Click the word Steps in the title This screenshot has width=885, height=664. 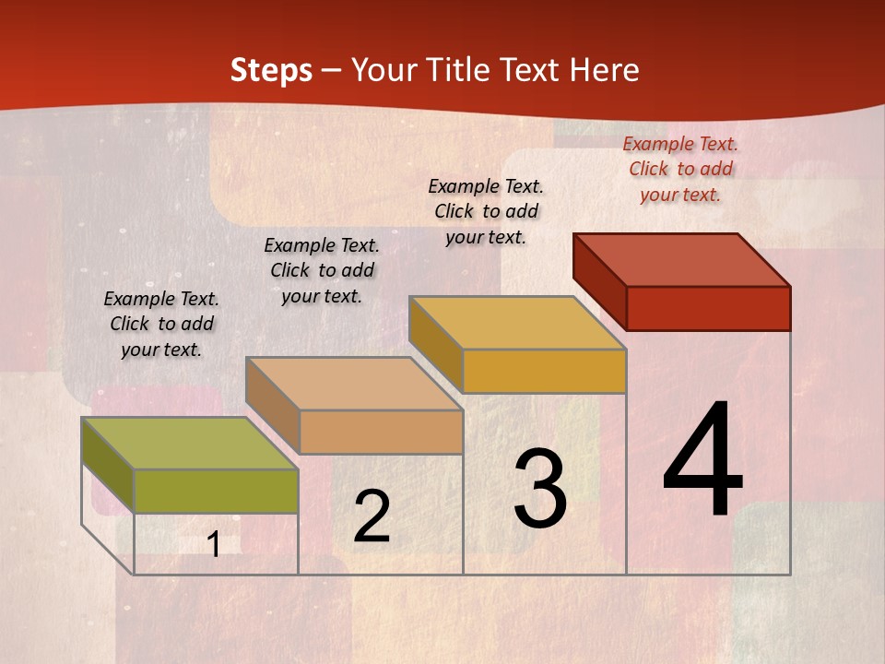(271, 70)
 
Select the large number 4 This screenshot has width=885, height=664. (702, 461)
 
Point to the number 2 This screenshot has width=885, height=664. (372, 516)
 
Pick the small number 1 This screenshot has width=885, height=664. (214, 545)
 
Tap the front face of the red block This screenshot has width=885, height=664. (708, 308)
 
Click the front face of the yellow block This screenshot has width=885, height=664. (544, 371)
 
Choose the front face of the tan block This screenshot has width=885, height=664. (381, 432)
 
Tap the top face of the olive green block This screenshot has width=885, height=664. (190, 444)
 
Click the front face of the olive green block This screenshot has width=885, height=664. (216, 491)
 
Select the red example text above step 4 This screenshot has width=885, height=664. (680, 169)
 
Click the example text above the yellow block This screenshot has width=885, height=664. (486, 211)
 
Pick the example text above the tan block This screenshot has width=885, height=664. (322, 270)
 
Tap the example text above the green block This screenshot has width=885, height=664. (161, 324)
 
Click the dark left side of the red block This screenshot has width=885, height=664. (599, 277)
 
